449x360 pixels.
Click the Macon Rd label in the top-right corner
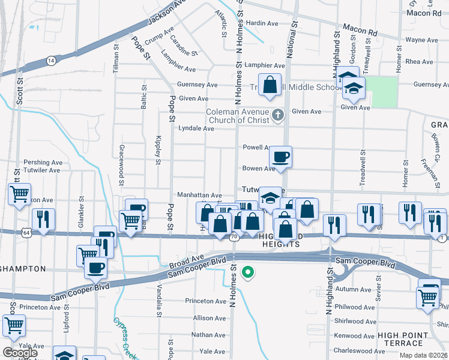click(x=423, y=13)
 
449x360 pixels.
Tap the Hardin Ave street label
click(x=262, y=23)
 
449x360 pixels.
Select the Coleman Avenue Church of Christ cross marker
click(x=277, y=115)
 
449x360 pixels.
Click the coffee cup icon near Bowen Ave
click(x=280, y=158)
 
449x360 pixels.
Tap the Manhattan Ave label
click(x=199, y=195)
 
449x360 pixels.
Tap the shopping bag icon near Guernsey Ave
click(x=270, y=85)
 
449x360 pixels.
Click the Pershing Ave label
click(x=43, y=162)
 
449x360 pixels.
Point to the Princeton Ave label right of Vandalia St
click(x=205, y=301)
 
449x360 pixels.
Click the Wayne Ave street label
click(x=421, y=40)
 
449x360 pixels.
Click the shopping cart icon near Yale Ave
click(x=14, y=326)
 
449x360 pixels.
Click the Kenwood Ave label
click(x=354, y=335)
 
